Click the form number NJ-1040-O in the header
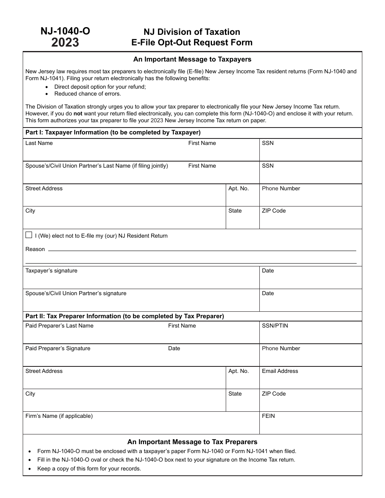65,31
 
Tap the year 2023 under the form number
65,43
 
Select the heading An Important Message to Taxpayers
192,60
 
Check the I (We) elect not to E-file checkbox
29,235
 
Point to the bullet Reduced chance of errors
88,94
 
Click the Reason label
35,249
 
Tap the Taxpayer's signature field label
51,271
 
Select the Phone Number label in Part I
281,189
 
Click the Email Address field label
280,371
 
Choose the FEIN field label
268,416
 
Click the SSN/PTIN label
275,326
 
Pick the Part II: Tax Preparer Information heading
125,316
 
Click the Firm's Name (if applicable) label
59,416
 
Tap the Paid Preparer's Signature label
58,349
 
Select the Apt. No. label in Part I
238,189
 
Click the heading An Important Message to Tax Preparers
192,442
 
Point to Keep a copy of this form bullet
89,469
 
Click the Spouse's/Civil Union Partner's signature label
76,294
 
